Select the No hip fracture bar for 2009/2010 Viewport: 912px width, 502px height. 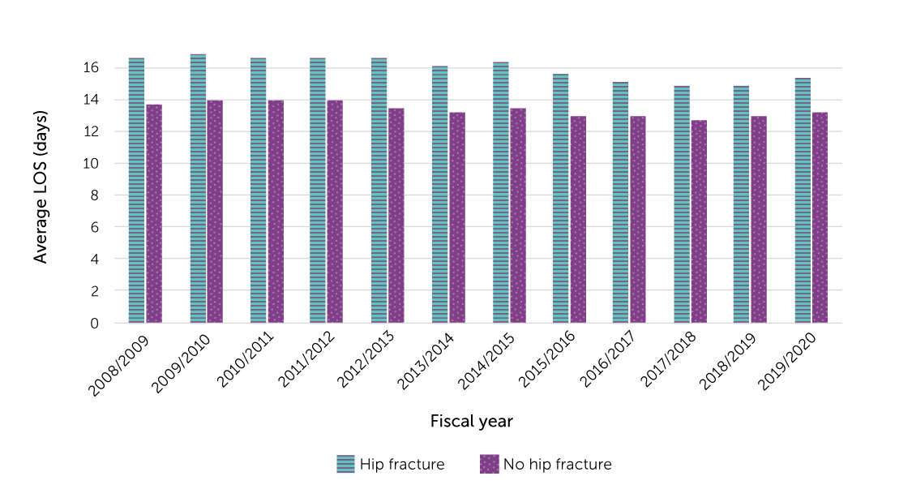pyautogui.click(x=215, y=211)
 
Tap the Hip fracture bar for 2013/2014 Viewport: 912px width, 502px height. pyautogui.click(x=439, y=195)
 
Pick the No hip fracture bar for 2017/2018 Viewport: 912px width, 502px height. pyautogui.click(x=699, y=221)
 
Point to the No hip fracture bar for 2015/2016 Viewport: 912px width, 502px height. pyautogui.click(x=578, y=219)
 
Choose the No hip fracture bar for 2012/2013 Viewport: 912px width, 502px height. pyautogui.click(x=396, y=216)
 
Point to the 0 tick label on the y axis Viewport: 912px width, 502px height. pyautogui.click(x=94, y=323)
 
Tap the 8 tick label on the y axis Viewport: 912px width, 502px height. pyautogui.click(x=94, y=195)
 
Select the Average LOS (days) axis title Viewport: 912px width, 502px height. pyautogui.click(x=41, y=187)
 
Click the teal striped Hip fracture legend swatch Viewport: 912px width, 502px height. pyautogui.click(x=346, y=464)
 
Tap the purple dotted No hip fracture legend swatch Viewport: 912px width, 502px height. pyautogui.click(x=489, y=464)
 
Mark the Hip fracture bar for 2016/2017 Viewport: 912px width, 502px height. pyautogui.click(x=620, y=203)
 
